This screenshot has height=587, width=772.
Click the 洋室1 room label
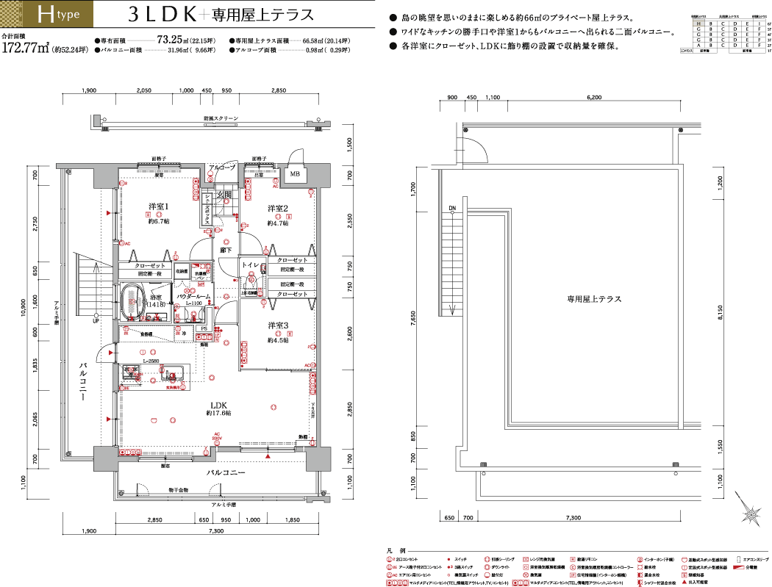tap(160, 206)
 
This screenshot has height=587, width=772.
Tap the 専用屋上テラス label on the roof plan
tap(594, 299)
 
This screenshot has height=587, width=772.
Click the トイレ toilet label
tap(249, 263)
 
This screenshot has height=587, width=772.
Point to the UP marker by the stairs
tap(96, 320)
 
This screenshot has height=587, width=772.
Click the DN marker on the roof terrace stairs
tap(452, 208)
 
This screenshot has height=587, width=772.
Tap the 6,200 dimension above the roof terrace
tap(594, 98)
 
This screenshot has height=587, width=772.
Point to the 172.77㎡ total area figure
tap(26, 49)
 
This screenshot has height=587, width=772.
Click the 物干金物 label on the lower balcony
tap(179, 489)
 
